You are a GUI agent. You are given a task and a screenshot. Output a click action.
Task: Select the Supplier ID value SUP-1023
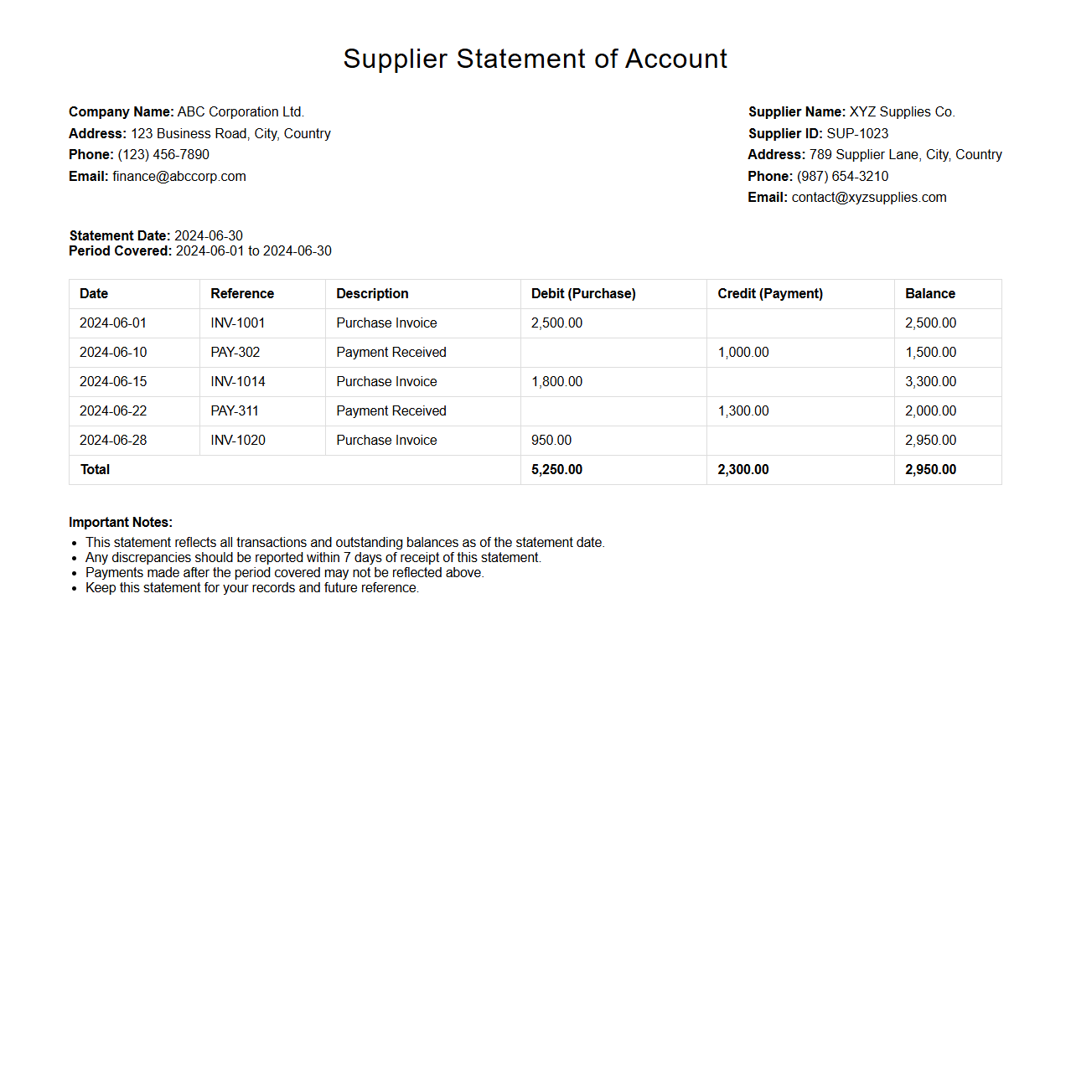click(x=857, y=133)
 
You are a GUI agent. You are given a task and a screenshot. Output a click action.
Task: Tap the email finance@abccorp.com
click(x=179, y=176)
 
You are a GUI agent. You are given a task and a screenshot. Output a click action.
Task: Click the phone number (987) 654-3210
click(x=842, y=176)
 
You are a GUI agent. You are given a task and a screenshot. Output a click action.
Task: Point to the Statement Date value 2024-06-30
click(x=209, y=235)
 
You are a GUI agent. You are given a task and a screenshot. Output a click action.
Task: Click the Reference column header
click(x=242, y=293)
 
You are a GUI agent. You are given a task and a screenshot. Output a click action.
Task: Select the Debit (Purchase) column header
click(x=583, y=293)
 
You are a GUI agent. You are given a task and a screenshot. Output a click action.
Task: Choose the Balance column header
click(x=930, y=293)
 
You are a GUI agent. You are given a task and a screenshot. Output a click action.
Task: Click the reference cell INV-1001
click(x=238, y=323)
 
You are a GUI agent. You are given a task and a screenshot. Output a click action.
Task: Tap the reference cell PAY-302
click(x=235, y=352)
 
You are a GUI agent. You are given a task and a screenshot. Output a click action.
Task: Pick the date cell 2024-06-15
click(x=113, y=381)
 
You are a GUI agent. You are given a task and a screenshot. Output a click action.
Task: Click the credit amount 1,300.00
click(x=743, y=410)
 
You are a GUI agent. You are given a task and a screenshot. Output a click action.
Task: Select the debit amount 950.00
click(x=551, y=440)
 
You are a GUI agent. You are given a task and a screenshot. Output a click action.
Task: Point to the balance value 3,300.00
click(x=930, y=381)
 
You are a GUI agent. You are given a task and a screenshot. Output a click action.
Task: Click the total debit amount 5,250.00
click(x=556, y=469)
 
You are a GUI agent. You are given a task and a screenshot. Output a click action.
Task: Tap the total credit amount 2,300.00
click(x=743, y=469)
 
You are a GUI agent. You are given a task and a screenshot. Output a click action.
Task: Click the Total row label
click(x=95, y=469)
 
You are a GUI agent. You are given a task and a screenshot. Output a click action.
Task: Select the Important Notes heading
click(x=121, y=522)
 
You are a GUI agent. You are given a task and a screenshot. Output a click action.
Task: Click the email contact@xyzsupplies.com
click(x=869, y=197)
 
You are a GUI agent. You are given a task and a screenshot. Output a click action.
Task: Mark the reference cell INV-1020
click(x=238, y=440)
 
